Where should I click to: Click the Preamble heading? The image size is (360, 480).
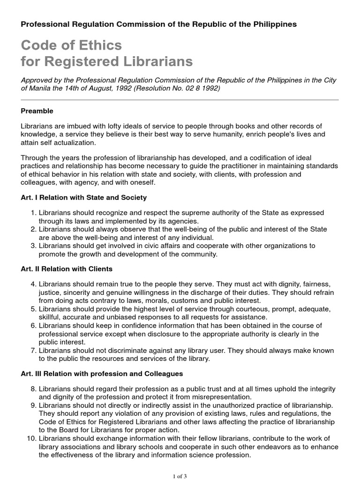point(37,111)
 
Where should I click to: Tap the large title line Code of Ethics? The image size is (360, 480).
point(71,45)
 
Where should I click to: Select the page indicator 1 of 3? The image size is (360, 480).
point(180,476)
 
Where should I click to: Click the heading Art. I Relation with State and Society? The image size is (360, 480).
point(84,197)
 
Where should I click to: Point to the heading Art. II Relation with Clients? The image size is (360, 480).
point(67,269)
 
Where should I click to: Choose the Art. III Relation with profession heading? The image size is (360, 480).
point(102,374)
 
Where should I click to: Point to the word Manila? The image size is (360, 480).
point(41,88)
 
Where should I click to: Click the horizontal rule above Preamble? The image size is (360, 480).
point(180,100)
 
